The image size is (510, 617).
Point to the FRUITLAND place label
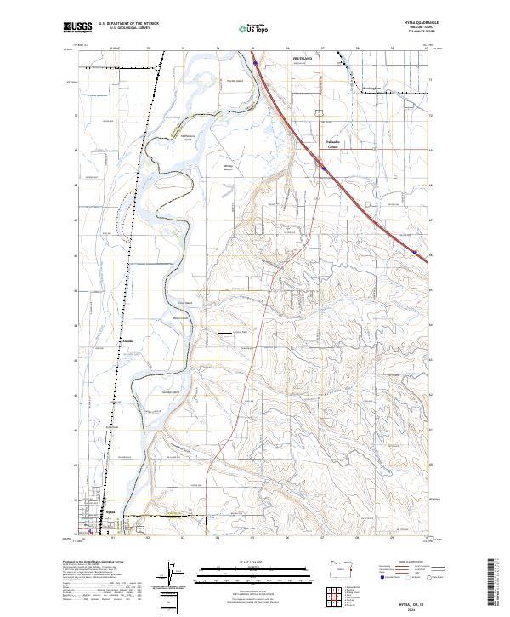[x=303, y=60]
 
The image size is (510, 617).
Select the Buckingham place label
[x=372, y=88]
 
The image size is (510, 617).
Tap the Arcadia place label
[x=129, y=341]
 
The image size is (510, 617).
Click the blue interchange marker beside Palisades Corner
[x=324, y=169]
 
